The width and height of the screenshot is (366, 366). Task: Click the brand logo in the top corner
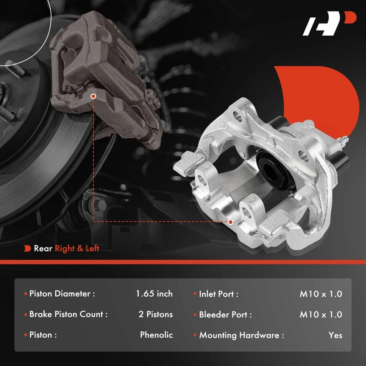[x=329, y=23]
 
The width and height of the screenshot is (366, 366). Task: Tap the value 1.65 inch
[x=154, y=294]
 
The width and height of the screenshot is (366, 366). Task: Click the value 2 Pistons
[x=156, y=314]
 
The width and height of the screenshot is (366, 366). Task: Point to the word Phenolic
[x=156, y=335]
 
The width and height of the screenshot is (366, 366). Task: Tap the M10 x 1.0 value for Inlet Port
[x=321, y=294]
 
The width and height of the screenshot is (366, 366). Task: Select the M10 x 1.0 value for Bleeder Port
[x=321, y=314]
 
